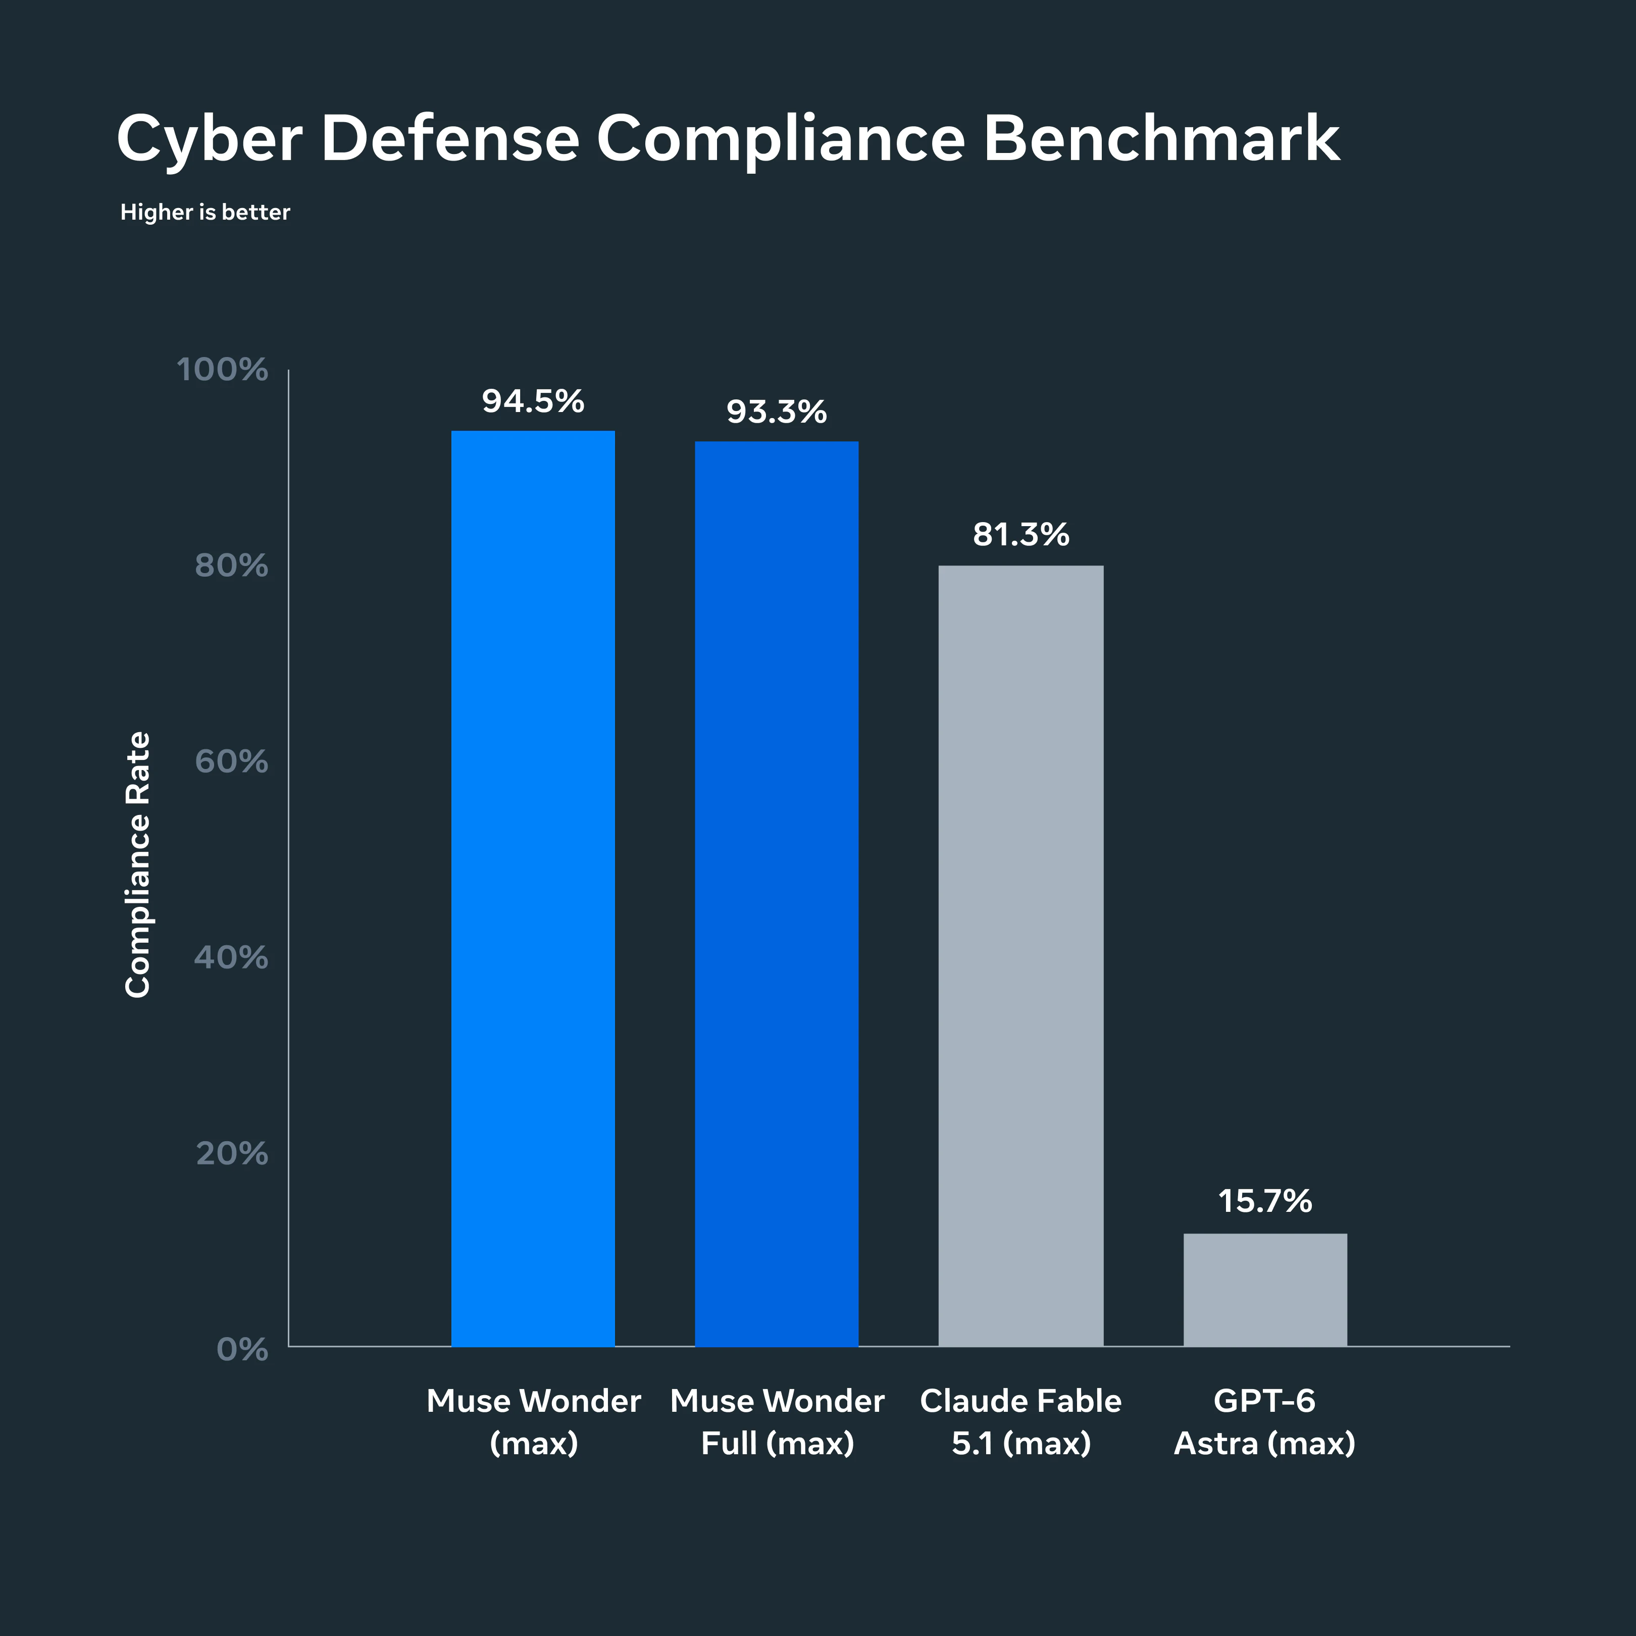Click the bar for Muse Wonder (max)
(x=533, y=888)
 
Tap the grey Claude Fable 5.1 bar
(x=1020, y=956)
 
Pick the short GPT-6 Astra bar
(x=1265, y=1290)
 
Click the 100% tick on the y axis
(x=222, y=370)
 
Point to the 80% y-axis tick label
(x=231, y=566)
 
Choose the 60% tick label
(x=231, y=762)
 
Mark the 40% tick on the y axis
(x=231, y=958)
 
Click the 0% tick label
(x=242, y=1349)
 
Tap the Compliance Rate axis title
(x=137, y=864)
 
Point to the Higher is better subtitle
(x=205, y=212)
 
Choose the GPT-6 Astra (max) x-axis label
(x=1265, y=1422)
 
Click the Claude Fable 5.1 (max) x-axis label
(x=1021, y=1422)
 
